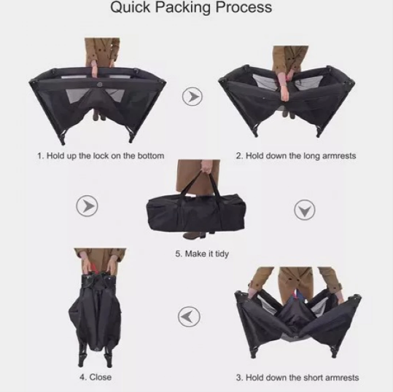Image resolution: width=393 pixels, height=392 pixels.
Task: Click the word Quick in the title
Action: [x=131, y=7]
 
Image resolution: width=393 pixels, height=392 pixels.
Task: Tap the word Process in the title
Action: [x=244, y=7]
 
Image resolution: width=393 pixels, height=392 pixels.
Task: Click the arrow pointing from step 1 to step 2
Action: [x=192, y=96]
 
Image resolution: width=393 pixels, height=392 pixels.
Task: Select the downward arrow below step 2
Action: [x=305, y=210]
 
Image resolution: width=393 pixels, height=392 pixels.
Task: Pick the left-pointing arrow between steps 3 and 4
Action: [x=189, y=317]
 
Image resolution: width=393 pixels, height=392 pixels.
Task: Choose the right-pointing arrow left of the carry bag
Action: [x=87, y=206]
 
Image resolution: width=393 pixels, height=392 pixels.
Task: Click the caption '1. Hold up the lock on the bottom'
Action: [x=101, y=156]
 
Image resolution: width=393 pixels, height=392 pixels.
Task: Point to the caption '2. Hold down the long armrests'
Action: [x=296, y=156]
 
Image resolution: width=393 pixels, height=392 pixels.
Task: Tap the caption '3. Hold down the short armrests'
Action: [x=297, y=377]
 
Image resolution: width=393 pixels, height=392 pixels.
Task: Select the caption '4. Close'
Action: [x=96, y=377]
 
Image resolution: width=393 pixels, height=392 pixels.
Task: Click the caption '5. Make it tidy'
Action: [x=202, y=254]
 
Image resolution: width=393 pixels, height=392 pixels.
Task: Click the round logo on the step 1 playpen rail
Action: [x=99, y=85]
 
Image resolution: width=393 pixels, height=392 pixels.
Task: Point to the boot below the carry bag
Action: [x=194, y=235]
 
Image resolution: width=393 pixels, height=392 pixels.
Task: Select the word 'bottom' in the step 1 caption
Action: [x=151, y=156]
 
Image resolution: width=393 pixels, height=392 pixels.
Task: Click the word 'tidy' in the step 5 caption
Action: [x=222, y=254]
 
